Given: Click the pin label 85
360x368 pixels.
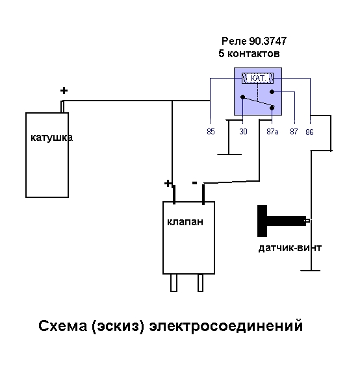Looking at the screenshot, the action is tap(211, 131).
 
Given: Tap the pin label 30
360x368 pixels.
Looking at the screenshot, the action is tap(243, 131).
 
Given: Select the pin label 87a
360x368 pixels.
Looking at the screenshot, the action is tap(272, 131).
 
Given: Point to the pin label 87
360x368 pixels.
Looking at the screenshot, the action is tap(294, 131).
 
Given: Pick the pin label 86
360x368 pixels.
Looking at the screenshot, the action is tap(309, 132).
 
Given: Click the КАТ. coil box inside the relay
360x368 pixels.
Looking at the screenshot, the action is tap(258, 78).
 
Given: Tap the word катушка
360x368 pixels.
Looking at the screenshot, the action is tap(52, 138).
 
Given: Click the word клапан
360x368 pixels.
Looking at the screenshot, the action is tap(185, 222).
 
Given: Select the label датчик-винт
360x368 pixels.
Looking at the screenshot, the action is tap(290, 248).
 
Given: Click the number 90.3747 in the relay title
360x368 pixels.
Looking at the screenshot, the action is tap(268, 41).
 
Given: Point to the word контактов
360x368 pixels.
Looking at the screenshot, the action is tap(253, 54).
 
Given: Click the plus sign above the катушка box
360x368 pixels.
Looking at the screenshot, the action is tap(64, 91).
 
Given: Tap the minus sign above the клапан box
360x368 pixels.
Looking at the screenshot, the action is tap(194, 182).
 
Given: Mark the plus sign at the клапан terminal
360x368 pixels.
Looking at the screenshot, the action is tap(168, 183).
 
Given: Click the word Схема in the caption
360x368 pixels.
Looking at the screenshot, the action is tap(62, 326).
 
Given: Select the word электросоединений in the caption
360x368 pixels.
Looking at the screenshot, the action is tap(226, 326).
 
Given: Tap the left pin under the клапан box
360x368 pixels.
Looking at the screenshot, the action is tap(174, 283).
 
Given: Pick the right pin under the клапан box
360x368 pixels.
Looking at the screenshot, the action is tap(200, 283).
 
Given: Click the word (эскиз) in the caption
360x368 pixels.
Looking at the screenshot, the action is tap(118, 326).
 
